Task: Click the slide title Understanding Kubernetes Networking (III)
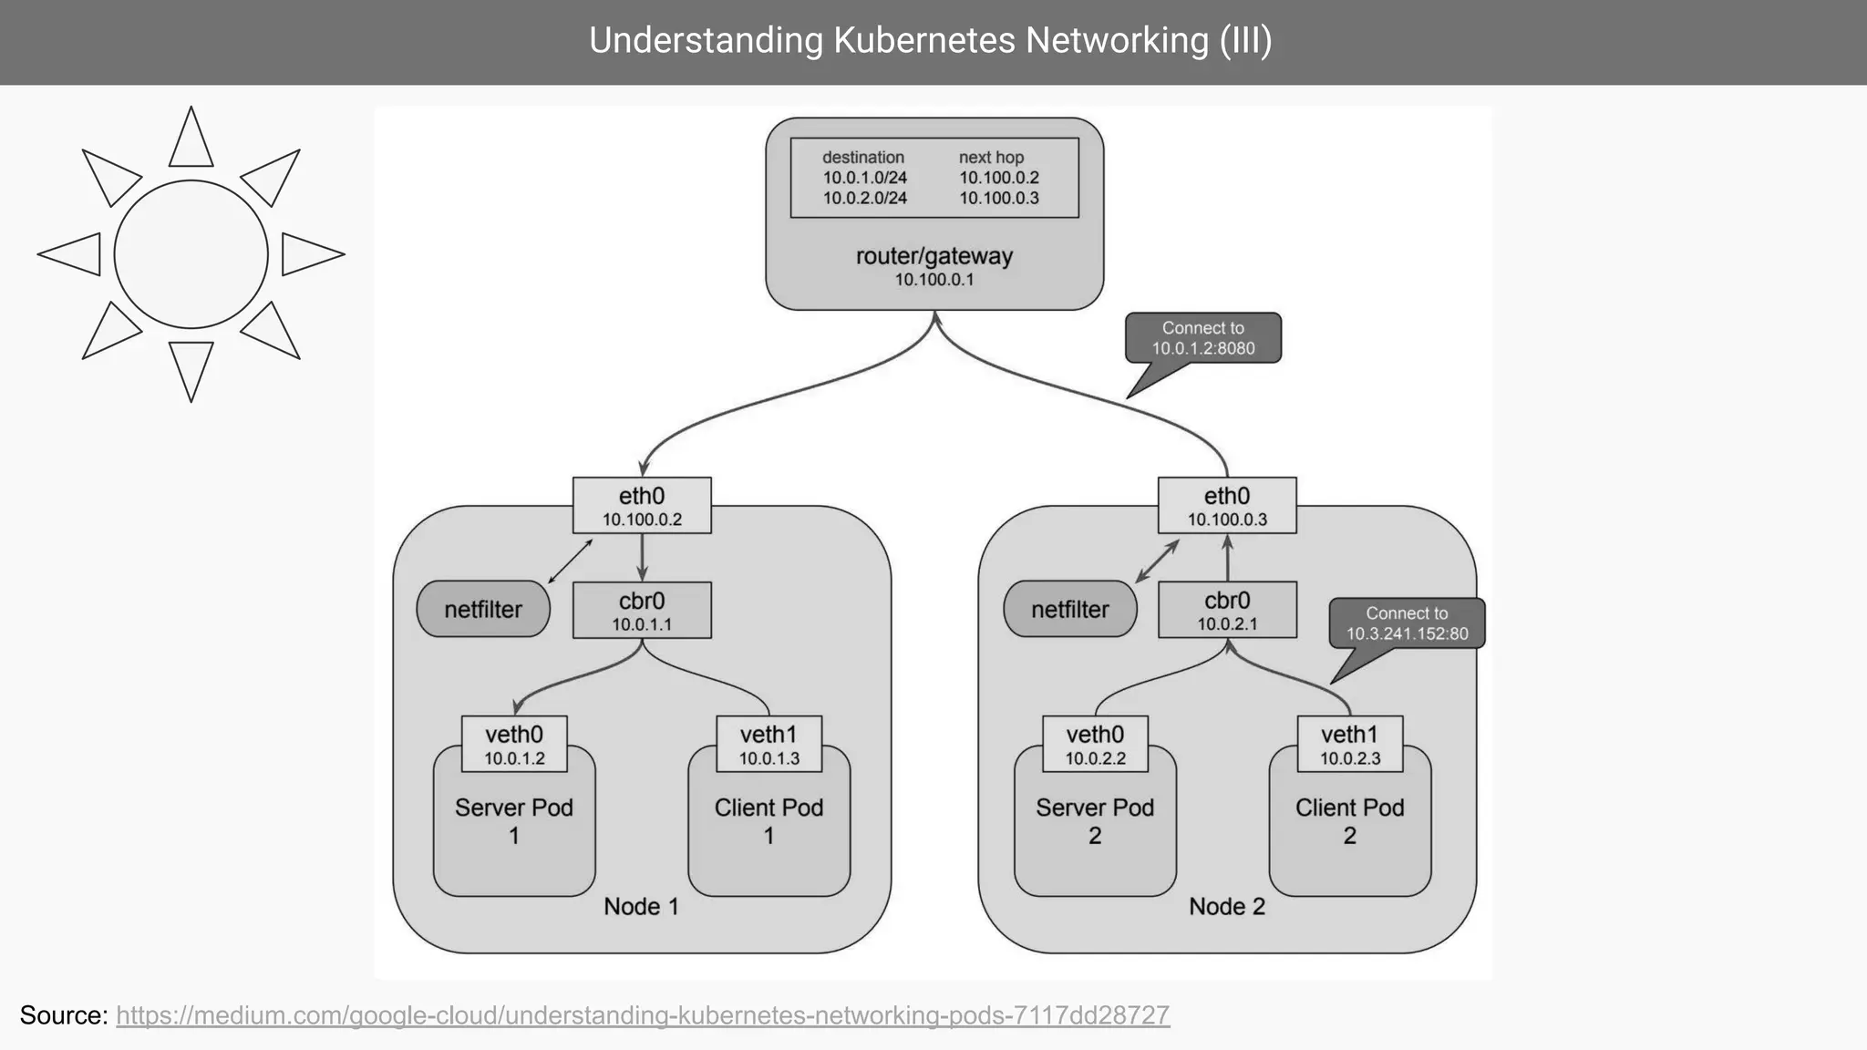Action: click(930, 41)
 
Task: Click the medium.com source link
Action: click(643, 1015)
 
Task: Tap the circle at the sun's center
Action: click(191, 254)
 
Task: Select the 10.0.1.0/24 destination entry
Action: click(864, 178)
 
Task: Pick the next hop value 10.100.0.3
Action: click(998, 198)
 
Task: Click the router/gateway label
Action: click(933, 256)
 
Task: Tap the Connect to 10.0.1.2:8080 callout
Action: click(1202, 338)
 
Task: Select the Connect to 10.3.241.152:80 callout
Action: click(1407, 623)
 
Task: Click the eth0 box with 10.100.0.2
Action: click(642, 506)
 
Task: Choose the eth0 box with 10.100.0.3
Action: click(1227, 506)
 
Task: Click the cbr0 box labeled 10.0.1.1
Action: click(642, 611)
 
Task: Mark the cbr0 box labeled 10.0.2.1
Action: click(1227, 611)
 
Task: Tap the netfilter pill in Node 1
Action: click(483, 609)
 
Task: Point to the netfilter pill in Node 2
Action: click(1070, 609)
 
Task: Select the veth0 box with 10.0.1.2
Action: click(514, 745)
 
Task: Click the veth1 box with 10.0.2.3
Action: click(1349, 745)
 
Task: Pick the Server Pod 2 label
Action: click(1095, 821)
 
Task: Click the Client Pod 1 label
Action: click(768, 821)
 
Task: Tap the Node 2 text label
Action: click(1227, 906)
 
